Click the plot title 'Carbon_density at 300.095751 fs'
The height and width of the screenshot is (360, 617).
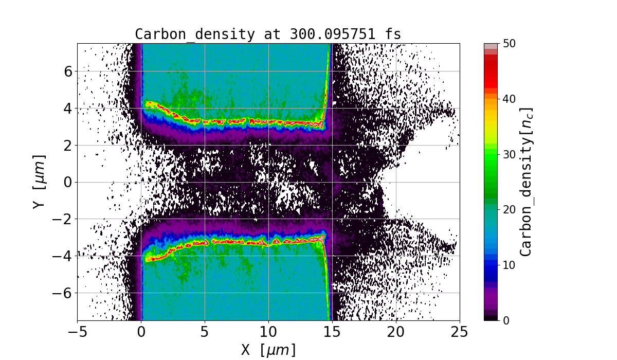coord(268,34)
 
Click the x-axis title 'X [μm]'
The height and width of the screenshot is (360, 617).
coord(268,350)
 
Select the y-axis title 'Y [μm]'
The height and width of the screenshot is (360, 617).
coord(40,182)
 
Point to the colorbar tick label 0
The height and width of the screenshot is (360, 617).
coord(505,320)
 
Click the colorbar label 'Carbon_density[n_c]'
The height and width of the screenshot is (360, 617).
coord(527,182)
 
